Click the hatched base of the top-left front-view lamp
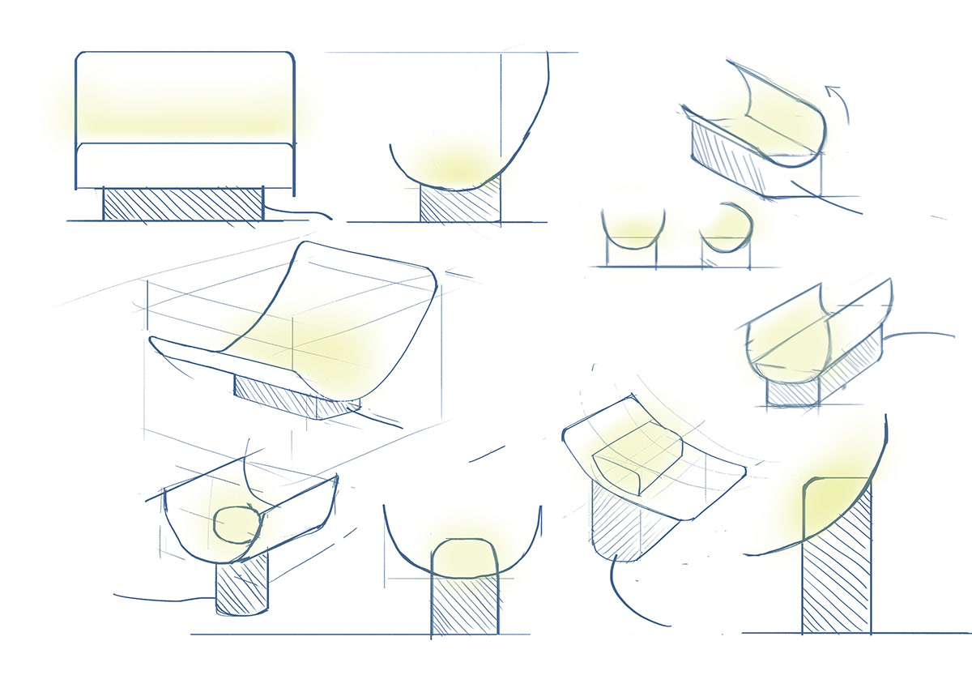click(183, 203)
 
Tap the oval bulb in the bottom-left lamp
click(237, 526)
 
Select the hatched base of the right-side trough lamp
click(794, 393)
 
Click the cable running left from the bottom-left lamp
click(162, 600)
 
